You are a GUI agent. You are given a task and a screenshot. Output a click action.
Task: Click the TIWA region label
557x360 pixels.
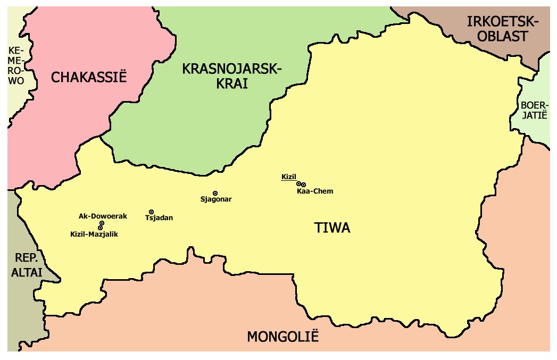(332, 229)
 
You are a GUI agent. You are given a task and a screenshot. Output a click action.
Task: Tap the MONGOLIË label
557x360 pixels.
(282, 337)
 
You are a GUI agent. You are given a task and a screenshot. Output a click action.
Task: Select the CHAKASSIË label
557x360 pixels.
(89, 78)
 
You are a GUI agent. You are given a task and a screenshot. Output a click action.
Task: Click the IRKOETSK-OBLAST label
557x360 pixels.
(503, 29)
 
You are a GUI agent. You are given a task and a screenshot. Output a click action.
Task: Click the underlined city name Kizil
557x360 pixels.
(288, 177)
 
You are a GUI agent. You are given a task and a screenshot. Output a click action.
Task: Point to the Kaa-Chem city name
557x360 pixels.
(315, 191)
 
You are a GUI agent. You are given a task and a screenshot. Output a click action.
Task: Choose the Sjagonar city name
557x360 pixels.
(215, 199)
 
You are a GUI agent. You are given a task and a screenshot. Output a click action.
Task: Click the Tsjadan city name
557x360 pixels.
(159, 218)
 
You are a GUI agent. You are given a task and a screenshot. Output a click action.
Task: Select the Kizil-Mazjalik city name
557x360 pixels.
(94, 234)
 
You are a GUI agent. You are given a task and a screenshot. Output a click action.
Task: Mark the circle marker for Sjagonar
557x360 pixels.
(215, 193)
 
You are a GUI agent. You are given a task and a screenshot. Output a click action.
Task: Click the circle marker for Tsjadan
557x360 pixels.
(152, 212)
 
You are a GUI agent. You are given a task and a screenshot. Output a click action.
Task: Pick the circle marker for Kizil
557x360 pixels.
(299, 183)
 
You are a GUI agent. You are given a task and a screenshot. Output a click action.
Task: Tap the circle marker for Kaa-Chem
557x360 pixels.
(303, 185)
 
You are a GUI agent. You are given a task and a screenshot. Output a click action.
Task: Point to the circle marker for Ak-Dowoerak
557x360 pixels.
(102, 223)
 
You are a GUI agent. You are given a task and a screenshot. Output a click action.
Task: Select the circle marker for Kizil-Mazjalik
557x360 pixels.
(100, 228)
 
